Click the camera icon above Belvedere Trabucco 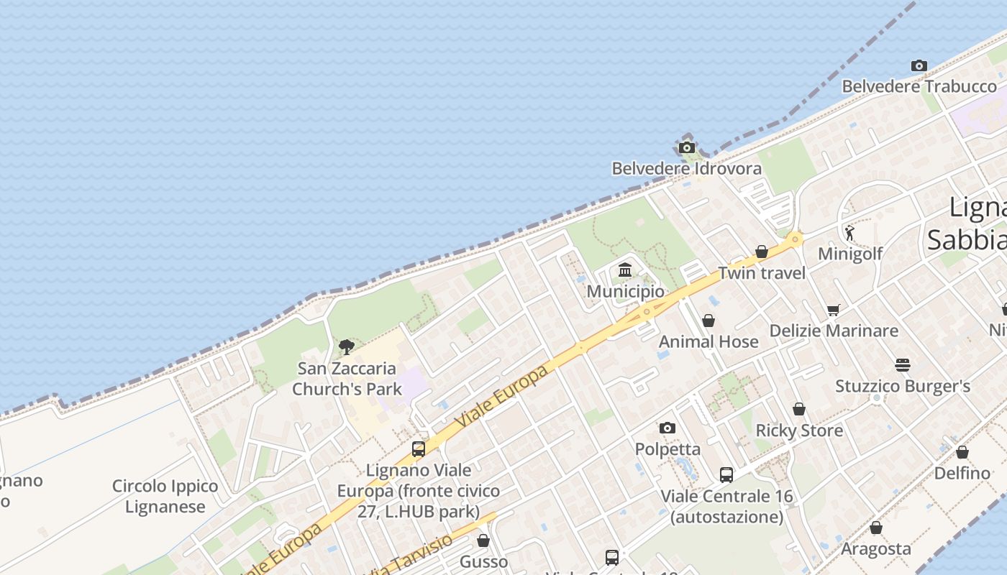coord(919,66)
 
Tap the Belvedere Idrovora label coord(686,169)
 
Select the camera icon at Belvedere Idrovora coord(687,148)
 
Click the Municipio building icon coord(625,270)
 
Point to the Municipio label coord(625,292)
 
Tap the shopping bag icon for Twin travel coord(762,252)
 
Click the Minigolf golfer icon coord(849,233)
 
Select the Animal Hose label coord(708,342)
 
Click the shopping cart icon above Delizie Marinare coord(834,310)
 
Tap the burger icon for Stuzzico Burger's coord(903,365)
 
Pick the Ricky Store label coord(798,431)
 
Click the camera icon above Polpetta coord(667,428)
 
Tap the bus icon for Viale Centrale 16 coord(726,475)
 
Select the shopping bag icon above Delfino coord(962,452)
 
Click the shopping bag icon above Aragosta coord(876,528)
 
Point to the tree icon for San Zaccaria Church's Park coord(347,347)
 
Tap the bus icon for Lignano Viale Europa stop coord(419,449)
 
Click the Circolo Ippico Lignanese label coord(165,497)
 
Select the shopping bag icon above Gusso coord(483,540)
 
